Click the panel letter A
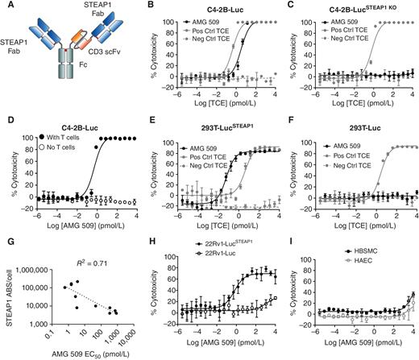click(6, 6)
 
